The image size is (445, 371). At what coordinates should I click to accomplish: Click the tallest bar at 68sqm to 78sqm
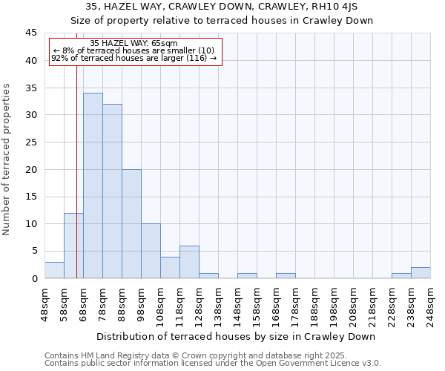coord(93,185)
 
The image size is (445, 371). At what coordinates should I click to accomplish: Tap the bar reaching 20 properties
coord(131,223)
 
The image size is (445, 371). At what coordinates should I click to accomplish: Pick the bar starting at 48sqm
coord(54,270)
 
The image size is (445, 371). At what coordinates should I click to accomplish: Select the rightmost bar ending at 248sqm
coord(421,273)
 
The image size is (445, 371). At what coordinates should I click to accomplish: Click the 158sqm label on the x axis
coord(257,304)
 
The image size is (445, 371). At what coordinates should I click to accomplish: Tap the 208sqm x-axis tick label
coord(353,304)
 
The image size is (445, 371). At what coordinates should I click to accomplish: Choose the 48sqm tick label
coord(44,304)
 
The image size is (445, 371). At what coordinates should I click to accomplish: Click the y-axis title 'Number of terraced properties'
coord(7,159)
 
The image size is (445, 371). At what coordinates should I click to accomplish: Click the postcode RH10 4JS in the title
coord(331,6)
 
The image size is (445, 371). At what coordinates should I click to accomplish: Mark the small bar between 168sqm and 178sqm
coord(286,276)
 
